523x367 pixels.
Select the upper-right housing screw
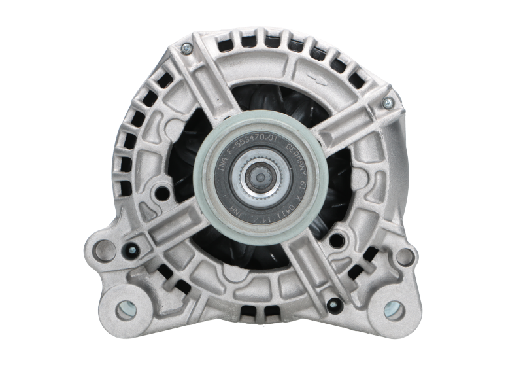point(388,103)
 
